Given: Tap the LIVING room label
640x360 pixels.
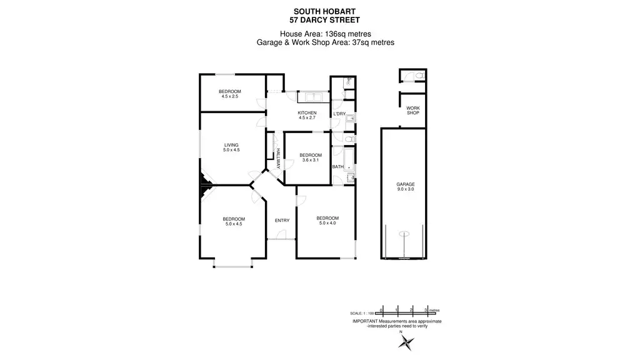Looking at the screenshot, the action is click(231, 146).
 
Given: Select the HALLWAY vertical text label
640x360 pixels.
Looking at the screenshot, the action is click(278, 158).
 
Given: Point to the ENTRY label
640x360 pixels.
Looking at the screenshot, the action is click(282, 220).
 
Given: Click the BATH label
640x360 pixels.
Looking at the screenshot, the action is click(337, 167).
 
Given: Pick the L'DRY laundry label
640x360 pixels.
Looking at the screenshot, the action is click(339, 114).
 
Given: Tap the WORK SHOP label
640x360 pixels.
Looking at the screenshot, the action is click(412, 111).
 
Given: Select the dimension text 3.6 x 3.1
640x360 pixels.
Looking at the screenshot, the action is click(310, 160).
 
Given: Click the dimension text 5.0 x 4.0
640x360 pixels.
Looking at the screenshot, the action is click(327, 222).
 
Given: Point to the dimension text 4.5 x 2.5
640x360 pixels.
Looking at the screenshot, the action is click(231, 96).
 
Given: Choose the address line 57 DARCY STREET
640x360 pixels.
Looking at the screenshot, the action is click(320, 20).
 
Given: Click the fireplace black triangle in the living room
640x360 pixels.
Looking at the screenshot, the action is click(204, 186).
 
